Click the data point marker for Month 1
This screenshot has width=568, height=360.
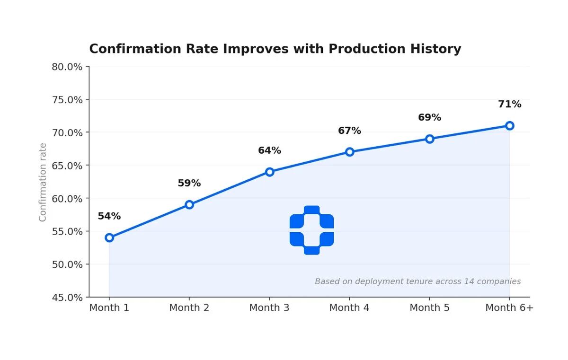(x=109, y=237)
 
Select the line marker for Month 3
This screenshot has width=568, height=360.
(x=269, y=172)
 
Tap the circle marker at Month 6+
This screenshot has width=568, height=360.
(x=509, y=125)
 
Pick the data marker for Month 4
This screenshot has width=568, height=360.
(x=349, y=152)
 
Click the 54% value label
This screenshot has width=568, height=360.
(x=109, y=216)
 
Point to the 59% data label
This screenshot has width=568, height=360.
(x=189, y=183)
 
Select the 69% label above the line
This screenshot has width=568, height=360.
(x=429, y=117)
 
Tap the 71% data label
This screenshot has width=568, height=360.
(x=509, y=104)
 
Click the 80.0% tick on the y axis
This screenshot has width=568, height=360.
(x=67, y=67)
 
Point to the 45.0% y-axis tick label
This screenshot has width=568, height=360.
(x=67, y=298)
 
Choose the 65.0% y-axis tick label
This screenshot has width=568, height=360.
(x=67, y=166)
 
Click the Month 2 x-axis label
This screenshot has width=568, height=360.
(x=189, y=308)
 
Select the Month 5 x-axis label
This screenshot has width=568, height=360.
(x=429, y=308)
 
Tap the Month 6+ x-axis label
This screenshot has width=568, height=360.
(x=509, y=308)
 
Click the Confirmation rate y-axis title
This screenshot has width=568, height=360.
(x=43, y=182)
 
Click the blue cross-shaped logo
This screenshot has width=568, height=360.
(x=311, y=230)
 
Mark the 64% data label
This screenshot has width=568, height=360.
(x=269, y=150)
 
